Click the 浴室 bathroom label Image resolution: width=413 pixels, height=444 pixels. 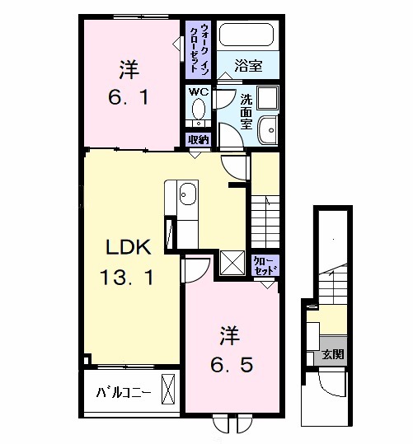(x=247, y=66)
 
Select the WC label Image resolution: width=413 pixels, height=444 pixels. (x=199, y=91)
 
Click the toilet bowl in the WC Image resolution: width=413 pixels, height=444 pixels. (x=199, y=111)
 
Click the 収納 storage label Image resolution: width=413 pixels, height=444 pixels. (x=199, y=139)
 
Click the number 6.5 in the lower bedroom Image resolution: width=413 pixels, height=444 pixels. (x=228, y=363)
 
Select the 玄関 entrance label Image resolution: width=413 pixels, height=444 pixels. (x=333, y=355)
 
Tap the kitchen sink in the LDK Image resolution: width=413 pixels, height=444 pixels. (x=187, y=194)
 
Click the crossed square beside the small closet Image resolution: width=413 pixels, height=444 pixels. (x=232, y=264)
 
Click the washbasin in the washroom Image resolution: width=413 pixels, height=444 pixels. (x=267, y=129)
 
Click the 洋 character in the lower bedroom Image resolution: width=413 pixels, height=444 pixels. (x=228, y=334)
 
